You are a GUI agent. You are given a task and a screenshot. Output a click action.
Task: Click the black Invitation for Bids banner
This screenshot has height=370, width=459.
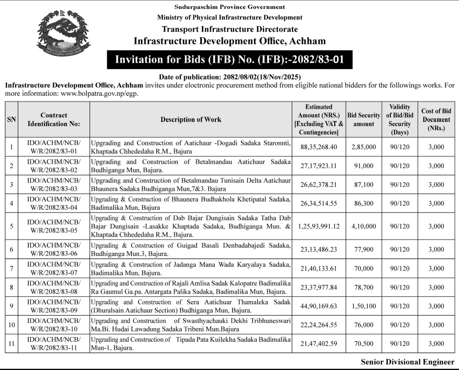pos(229,59)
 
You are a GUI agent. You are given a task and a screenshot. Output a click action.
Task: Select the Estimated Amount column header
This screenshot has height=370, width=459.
pos(319,119)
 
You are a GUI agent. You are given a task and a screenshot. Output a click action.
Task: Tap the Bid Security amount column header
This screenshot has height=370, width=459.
pos(364,119)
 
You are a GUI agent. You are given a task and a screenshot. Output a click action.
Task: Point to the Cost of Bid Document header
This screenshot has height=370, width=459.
pos(436,119)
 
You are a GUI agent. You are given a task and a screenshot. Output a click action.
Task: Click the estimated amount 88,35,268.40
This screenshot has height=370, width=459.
pos(319,147)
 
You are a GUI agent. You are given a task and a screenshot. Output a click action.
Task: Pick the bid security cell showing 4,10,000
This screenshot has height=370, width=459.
pos(364,227)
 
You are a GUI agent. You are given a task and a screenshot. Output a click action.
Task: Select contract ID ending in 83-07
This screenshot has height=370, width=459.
pos(54,268)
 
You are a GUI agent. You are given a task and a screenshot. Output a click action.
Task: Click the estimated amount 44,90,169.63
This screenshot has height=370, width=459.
pos(319,306)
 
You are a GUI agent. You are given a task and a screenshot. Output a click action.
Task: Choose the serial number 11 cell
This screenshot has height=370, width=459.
pos(11,344)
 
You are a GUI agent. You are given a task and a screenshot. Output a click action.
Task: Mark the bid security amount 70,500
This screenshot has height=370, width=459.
pos(364,344)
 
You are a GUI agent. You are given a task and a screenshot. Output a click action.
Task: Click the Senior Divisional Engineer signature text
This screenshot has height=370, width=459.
pos(407,362)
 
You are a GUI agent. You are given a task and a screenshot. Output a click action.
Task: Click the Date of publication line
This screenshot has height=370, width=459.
pos(229,76)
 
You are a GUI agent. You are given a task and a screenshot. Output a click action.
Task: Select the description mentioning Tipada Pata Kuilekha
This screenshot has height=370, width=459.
pos(190,344)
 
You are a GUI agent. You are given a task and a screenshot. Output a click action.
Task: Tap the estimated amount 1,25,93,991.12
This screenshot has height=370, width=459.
pos(319,227)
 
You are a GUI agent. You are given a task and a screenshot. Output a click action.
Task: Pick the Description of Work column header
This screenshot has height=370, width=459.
pos(191,119)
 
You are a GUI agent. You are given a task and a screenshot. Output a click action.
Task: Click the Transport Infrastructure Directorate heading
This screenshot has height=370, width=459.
pos(229,29)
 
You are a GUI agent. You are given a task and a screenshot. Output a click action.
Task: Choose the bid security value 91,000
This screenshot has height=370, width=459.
pos(364,166)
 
